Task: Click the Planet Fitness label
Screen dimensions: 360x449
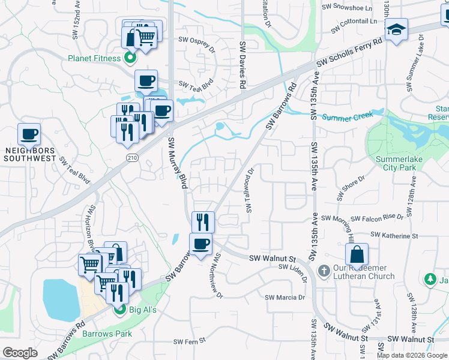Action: coord(94,58)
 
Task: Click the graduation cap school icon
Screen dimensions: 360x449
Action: coord(396,29)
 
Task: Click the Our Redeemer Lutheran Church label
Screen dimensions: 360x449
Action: coord(364,272)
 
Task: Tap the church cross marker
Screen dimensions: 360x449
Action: coord(324,271)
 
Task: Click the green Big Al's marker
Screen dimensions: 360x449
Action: coord(119,310)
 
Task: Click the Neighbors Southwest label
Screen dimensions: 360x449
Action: coord(29,154)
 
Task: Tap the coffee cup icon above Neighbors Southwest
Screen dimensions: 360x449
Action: coord(29,134)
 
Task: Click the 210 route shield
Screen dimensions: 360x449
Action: coord(133,157)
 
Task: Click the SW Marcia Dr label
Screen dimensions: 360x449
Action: coord(285,297)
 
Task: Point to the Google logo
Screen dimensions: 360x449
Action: coord(20,353)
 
